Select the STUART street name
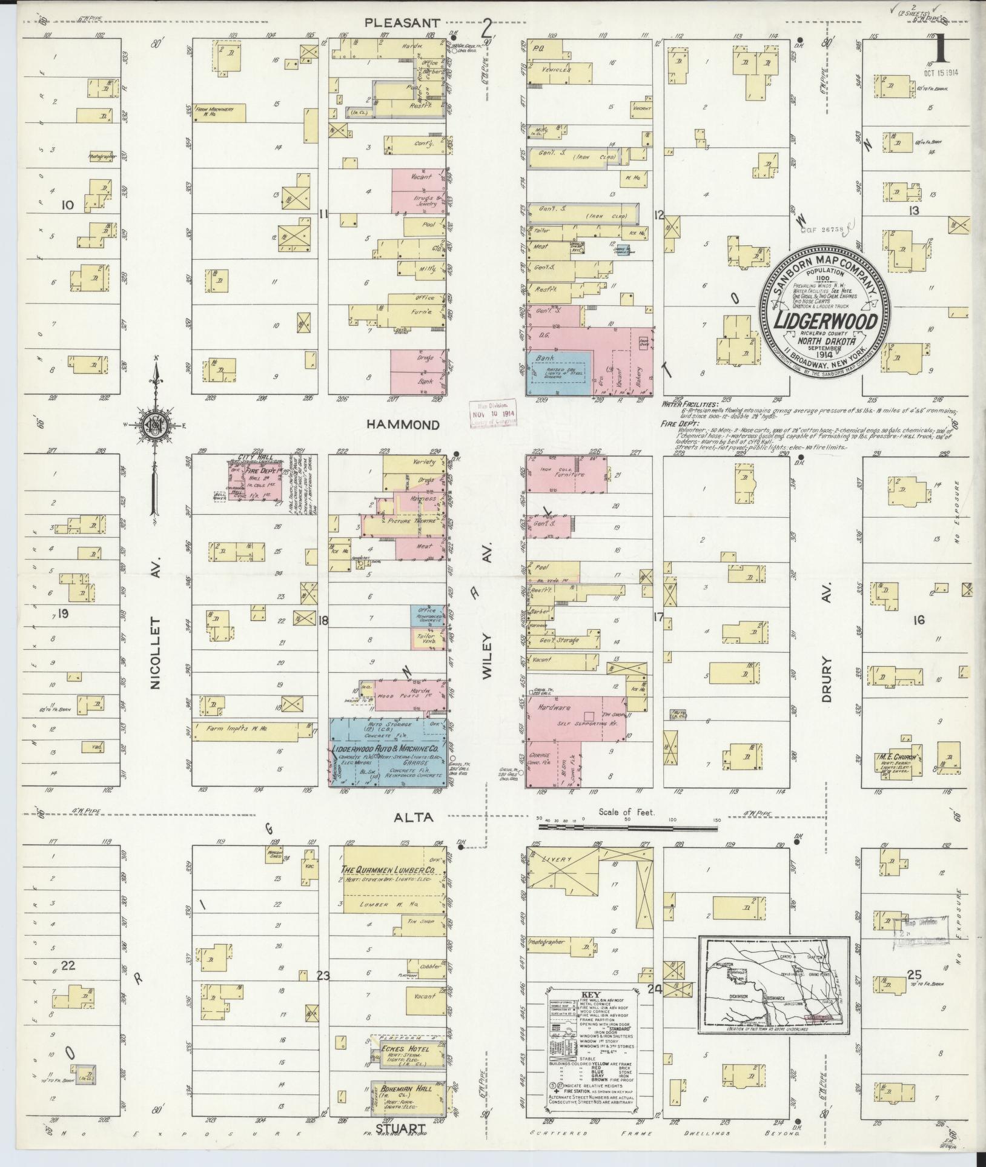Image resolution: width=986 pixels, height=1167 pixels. [399, 1145]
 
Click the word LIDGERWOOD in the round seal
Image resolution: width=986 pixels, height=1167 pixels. [824, 321]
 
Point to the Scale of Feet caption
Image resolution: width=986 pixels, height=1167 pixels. [626, 812]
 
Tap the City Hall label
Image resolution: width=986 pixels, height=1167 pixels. [256, 457]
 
